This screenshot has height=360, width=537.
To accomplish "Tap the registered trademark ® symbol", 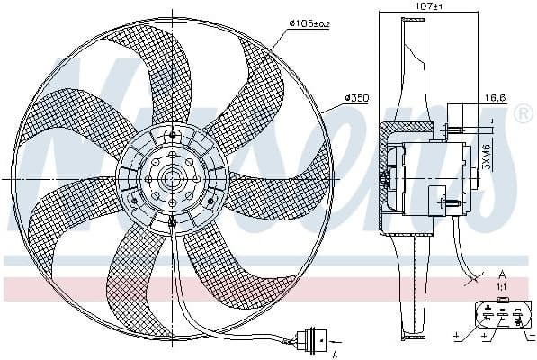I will tap(523, 113).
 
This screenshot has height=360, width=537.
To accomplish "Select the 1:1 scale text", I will tap(501, 285).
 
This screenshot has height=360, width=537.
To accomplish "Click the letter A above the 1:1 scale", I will tap(501, 273).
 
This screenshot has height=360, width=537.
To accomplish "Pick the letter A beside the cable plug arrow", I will tap(334, 354).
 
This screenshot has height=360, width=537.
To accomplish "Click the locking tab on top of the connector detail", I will tap(502, 298).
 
